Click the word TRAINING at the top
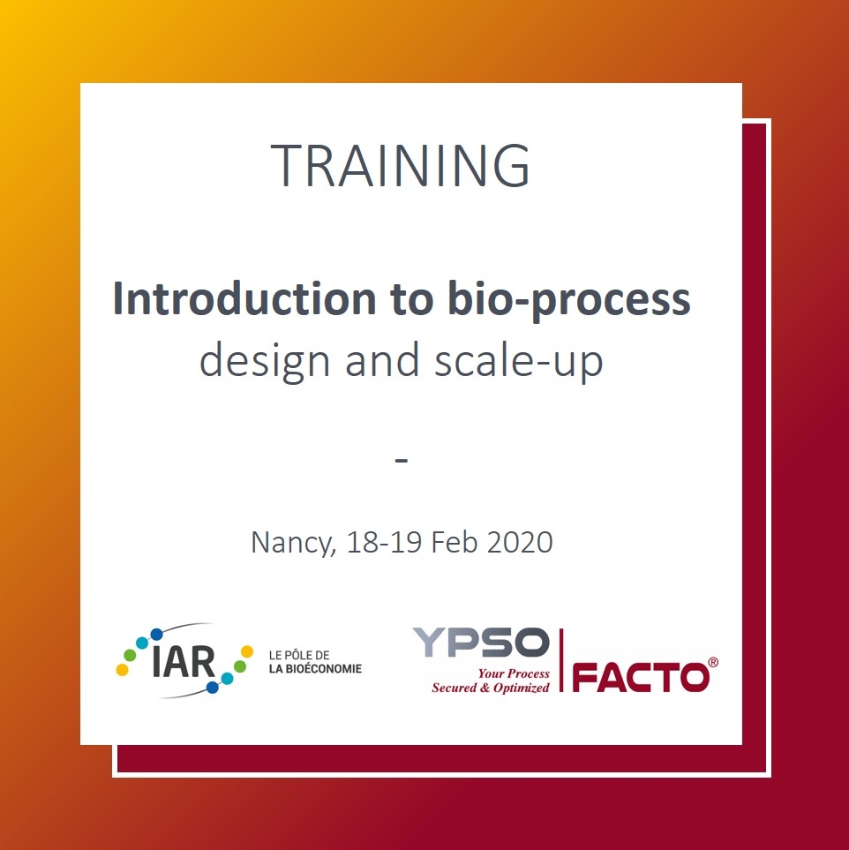pyautogui.click(x=400, y=165)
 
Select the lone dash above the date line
pyautogui.click(x=402, y=461)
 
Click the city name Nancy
pyautogui.click(x=293, y=543)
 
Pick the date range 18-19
pyautogui.click(x=384, y=542)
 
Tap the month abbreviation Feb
pyautogui.click(x=454, y=542)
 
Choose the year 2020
pyautogui.click(x=520, y=542)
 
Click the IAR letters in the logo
pyautogui.click(x=184, y=662)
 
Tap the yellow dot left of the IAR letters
pyautogui.click(x=123, y=670)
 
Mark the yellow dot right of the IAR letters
pyautogui.click(x=247, y=651)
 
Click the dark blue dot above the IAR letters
pyautogui.click(x=157, y=635)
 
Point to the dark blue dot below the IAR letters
pyautogui.click(x=213, y=688)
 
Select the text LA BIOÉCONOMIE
pyautogui.click(x=315, y=669)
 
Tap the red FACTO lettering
pyautogui.click(x=641, y=677)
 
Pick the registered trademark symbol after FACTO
pyautogui.click(x=713, y=663)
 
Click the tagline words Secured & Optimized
pyautogui.click(x=490, y=688)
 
